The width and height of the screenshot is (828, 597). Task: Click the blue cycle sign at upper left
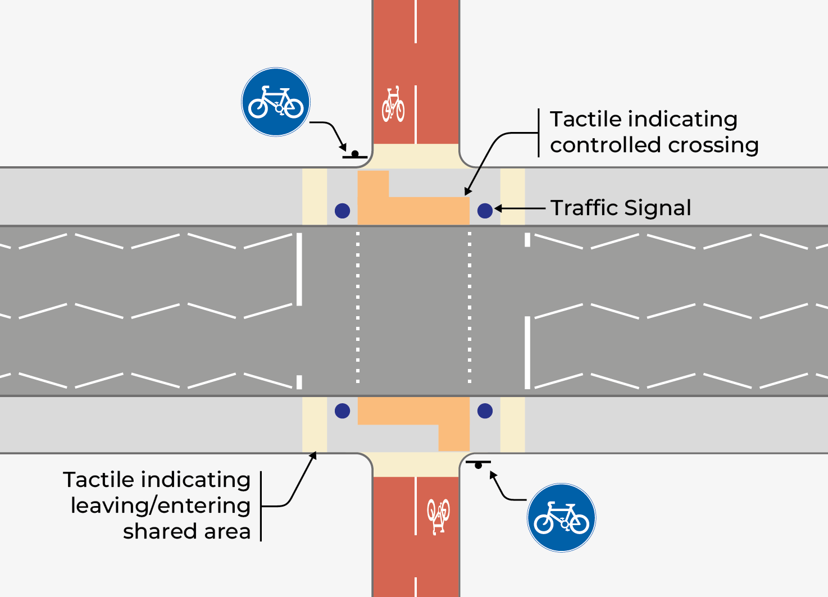[x=275, y=102]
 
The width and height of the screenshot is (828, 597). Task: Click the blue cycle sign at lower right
[x=561, y=518]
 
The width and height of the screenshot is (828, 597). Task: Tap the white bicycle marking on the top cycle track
[x=393, y=104]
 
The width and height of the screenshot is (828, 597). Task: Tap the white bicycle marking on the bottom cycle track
[x=438, y=516]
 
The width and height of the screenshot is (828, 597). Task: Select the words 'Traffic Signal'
[x=620, y=208]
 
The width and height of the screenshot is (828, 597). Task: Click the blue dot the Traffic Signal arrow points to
[x=485, y=211]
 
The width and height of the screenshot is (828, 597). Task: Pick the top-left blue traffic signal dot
[x=342, y=211]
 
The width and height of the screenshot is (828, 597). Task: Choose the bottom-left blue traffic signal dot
[x=342, y=411]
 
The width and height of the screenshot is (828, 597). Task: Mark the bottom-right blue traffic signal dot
[x=485, y=411]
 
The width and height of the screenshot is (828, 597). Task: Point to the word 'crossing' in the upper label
[x=713, y=145]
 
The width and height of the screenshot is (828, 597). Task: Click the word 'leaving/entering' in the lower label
[x=161, y=505]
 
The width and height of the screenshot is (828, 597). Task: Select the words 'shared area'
[x=186, y=531]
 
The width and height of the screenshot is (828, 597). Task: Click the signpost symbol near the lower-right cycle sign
[x=478, y=464]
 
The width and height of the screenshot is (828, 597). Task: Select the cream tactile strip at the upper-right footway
[x=512, y=197]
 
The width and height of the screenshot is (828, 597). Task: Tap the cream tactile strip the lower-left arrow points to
[x=315, y=425]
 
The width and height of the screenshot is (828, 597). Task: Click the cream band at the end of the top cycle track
[x=416, y=156]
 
